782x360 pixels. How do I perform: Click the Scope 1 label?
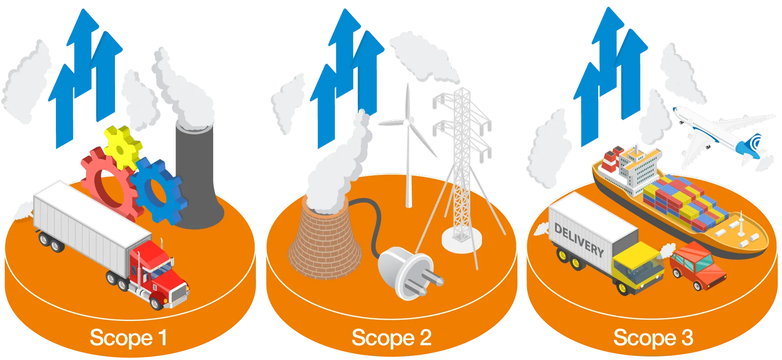(x=128, y=338)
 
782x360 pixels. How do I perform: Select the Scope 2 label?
(x=391, y=338)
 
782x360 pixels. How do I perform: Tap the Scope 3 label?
(x=653, y=338)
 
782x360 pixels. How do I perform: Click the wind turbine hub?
(x=408, y=121)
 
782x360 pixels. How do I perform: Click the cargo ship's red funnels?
(x=610, y=158)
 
